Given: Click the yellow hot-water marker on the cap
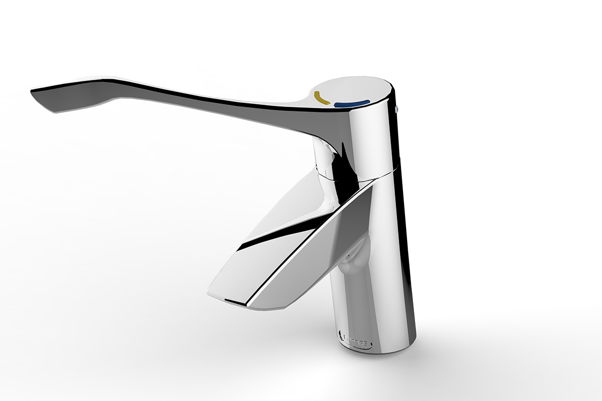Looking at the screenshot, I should pos(321,98).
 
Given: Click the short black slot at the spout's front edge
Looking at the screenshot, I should pos(234,302).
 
